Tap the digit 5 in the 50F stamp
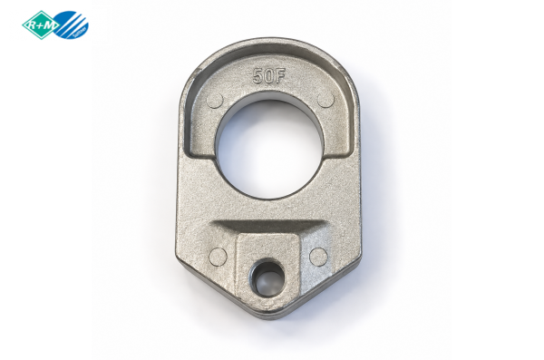coord(257,76)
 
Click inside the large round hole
coord(269,150)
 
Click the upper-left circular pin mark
coord(215,101)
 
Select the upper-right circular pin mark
coord(325,100)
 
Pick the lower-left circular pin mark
coord(219,257)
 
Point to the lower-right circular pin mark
coord(318,257)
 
